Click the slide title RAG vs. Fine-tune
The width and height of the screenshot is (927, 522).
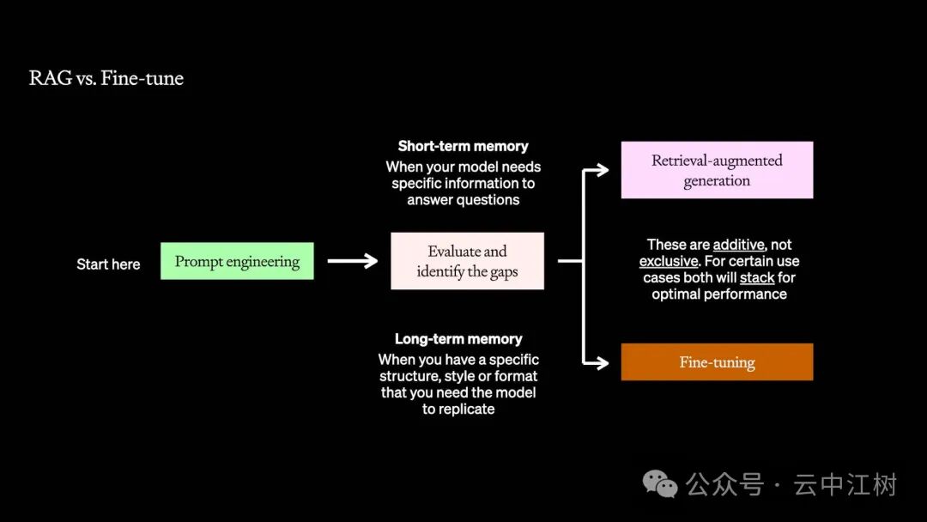[106, 78]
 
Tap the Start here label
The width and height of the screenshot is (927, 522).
[108, 264]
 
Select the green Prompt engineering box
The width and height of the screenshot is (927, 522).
[237, 261]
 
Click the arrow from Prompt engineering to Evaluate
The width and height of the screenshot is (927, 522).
[353, 261]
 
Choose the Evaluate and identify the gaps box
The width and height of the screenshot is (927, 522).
[467, 261]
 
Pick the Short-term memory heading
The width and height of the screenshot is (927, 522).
[463, 146]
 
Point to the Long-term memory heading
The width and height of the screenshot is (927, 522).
[458, 339]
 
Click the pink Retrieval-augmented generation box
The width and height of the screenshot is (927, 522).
[717, 170]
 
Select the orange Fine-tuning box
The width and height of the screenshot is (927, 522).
[717, 361]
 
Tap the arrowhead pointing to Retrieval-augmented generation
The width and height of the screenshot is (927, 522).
[601, 170]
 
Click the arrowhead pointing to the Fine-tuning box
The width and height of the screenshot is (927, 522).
[601, 362]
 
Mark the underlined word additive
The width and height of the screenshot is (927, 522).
[738, 245]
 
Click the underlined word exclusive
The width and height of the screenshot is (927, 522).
[669, 261]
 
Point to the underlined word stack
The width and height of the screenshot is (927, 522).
[757, 278]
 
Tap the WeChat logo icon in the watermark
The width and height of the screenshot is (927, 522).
[660, 484]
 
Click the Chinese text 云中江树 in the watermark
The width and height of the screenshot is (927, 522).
[845, 485]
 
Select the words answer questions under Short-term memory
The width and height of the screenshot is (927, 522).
[463, 200]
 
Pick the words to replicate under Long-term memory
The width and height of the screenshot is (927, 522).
[458, 409]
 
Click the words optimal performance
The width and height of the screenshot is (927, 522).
[719, 294]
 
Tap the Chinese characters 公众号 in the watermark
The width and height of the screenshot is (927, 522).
[724, 485]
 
